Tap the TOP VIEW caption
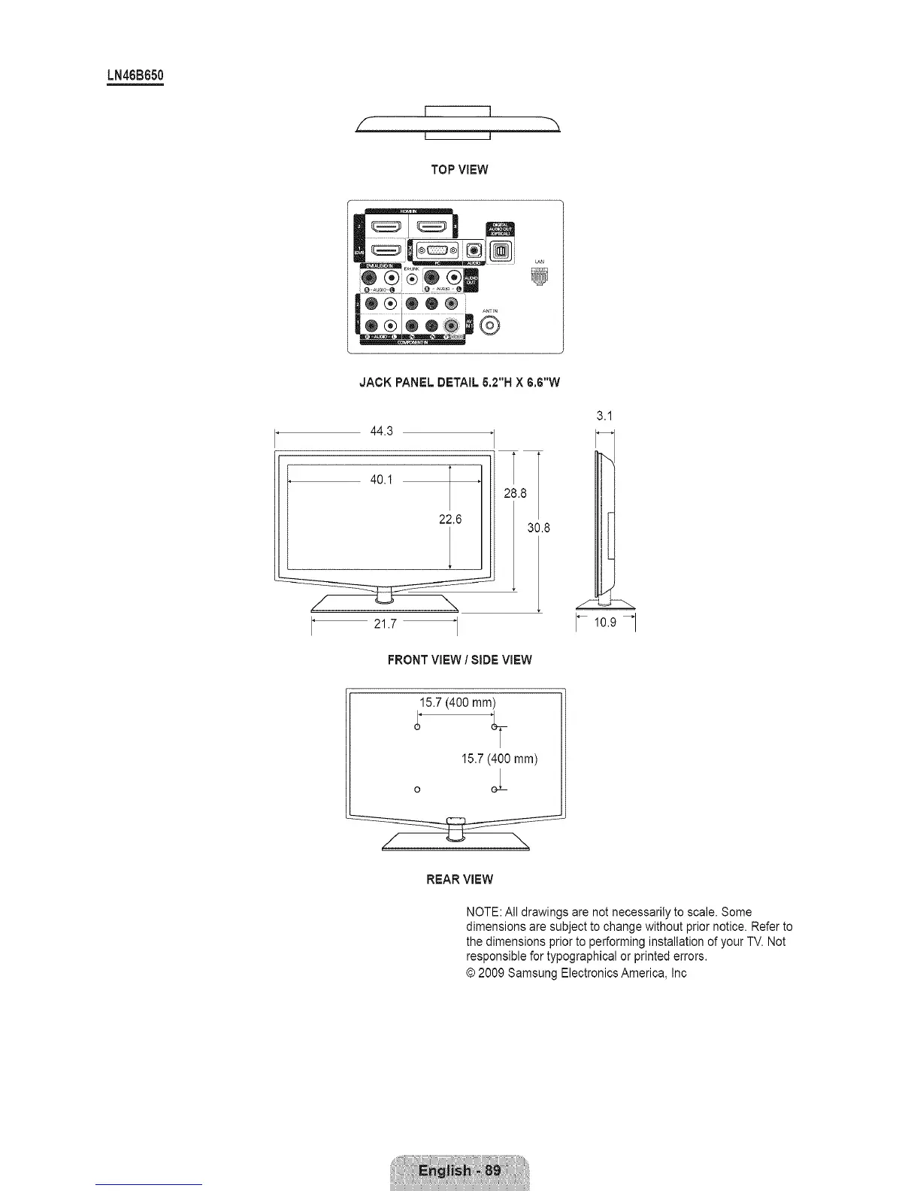tap(459, 169)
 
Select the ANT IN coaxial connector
tap(490, 326)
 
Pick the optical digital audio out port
tap(501, 250)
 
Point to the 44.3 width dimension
tap(383, 432)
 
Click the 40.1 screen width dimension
tap(382, 480)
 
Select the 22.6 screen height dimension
tap(450, 519)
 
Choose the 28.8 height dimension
tap(515, 493)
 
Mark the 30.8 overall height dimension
tap(539, 528)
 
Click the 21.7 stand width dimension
tap(385, 624)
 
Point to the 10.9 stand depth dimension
tap(606, 622)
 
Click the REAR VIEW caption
tap(459, 879)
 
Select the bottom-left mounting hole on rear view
tap(417, 789)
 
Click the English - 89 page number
tap(459, 1171)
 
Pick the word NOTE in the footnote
tap(482, 912)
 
